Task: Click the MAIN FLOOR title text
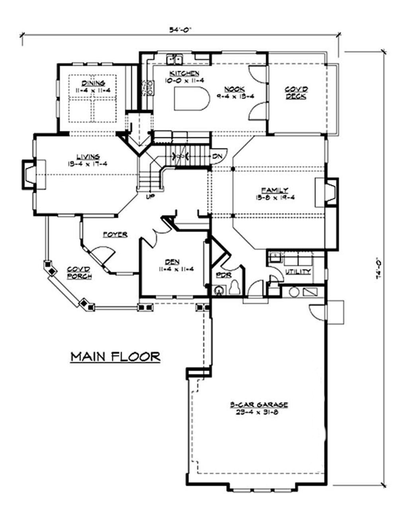115,356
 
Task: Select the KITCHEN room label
184,73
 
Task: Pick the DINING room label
94,83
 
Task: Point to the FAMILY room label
275,190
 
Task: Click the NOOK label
234,89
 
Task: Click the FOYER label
115,235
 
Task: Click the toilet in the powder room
234,288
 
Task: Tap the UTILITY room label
298,272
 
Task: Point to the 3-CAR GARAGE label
259,405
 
